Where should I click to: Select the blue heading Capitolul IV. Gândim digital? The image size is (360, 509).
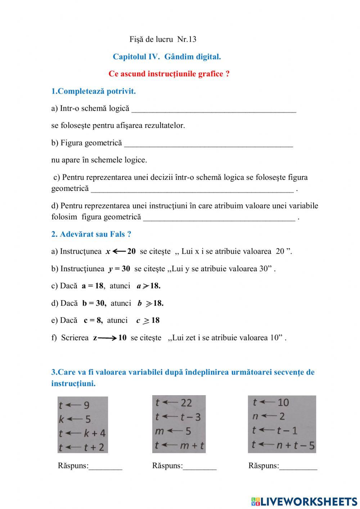click(167, 57)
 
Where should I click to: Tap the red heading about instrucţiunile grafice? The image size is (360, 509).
click(169, 74)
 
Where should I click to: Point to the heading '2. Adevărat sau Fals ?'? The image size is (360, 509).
click(91, 234)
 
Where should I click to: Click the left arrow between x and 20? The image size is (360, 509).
click(119, 251)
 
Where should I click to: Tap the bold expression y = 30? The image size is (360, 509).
click(119, 269)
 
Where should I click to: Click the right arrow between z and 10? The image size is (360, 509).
click(107, 338)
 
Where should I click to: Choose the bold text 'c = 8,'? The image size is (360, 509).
click(93, 321)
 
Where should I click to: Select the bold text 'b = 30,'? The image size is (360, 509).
click(94, 303)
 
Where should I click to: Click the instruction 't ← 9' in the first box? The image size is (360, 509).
click(74, 406)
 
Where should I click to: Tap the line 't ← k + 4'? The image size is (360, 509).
click(82, 433)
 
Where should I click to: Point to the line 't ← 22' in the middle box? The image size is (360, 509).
click(174, 403)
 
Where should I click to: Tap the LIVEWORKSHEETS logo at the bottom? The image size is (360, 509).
click(304, 501)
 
